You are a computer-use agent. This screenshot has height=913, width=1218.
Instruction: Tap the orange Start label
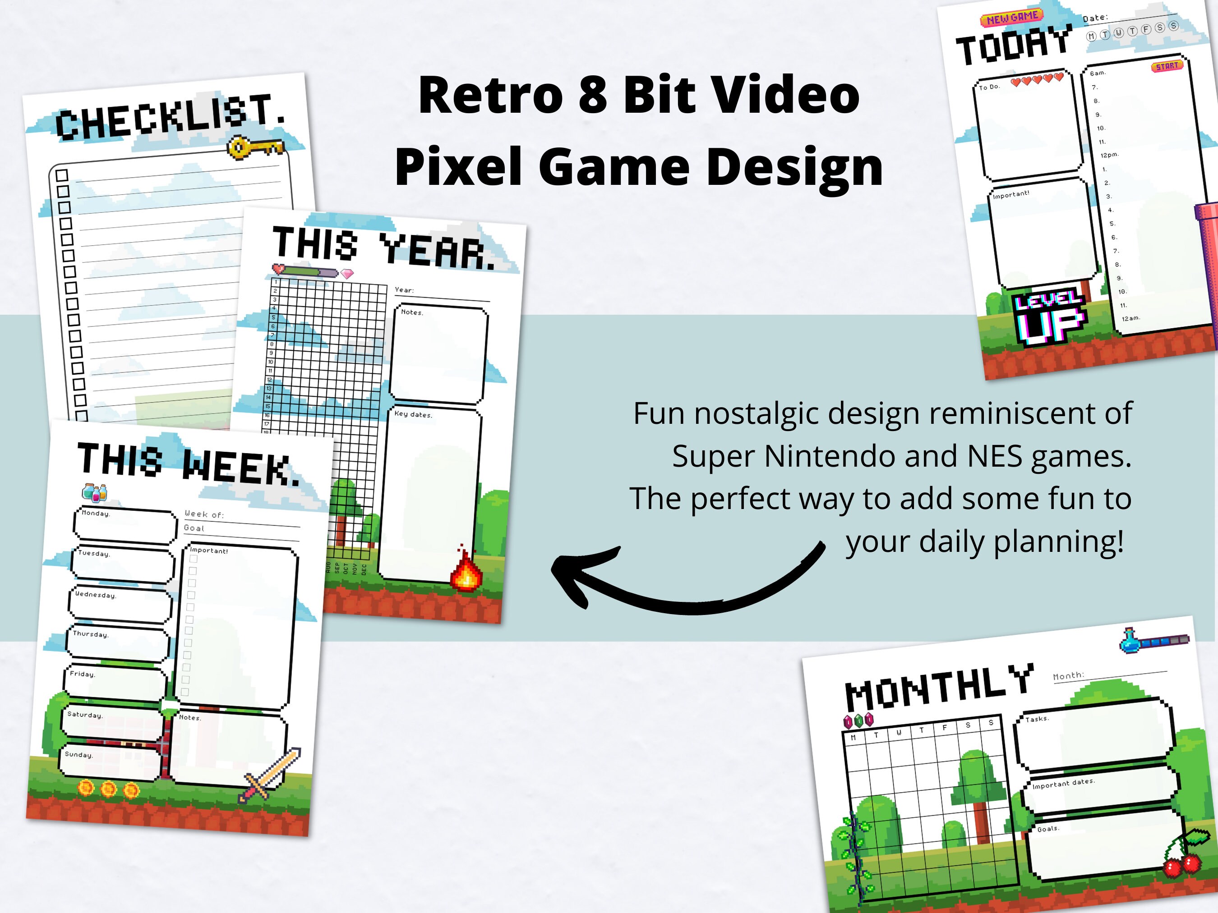1167,66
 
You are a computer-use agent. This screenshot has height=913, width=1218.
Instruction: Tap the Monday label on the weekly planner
96,514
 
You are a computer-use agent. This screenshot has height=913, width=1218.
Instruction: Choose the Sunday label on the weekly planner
79,754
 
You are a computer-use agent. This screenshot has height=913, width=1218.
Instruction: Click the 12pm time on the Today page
1110,155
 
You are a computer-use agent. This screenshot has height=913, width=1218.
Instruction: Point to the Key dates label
413,414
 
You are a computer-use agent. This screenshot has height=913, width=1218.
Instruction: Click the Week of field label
204,514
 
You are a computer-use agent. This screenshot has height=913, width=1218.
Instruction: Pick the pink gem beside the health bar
347,274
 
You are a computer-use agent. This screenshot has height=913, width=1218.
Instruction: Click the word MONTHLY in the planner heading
938,686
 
